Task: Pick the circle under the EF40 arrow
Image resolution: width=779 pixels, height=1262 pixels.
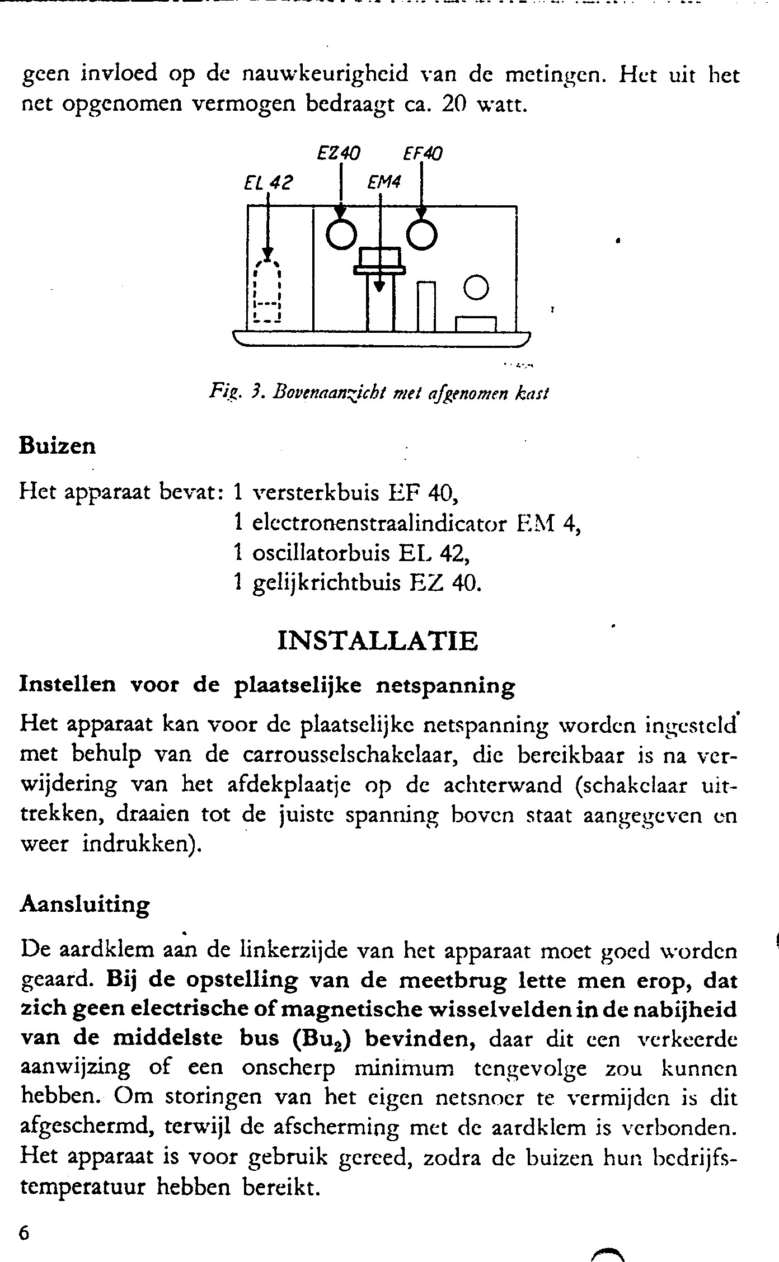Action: click(421, 236)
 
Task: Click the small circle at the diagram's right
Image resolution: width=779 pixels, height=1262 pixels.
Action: click(477, 288)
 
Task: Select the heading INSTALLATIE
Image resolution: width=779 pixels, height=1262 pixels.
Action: click(378, 641)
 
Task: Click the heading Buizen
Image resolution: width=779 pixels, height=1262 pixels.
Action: click(58, 446)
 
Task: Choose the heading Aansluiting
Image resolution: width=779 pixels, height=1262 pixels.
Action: click(85, 905)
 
